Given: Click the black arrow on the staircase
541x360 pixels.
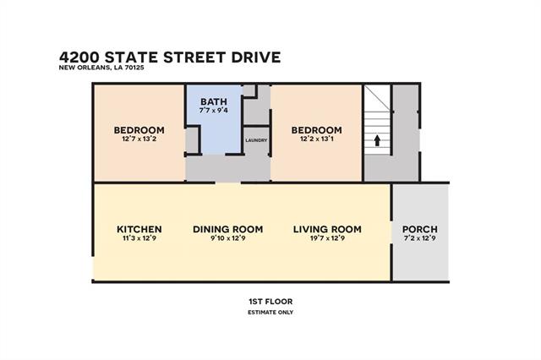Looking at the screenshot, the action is pyautogui.click(x=377, y=140).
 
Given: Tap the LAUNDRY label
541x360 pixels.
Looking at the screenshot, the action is pyautogui.click(x=256, y=140).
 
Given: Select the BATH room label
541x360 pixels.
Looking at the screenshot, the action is pyautogui.click(x=214, y=101).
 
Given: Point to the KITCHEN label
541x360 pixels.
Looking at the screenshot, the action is pyautogui.click(x=139, y=229).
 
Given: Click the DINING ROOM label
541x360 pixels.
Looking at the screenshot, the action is pyautogui.click(x=228, y=229).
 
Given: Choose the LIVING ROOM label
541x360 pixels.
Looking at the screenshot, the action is pyautogui.click(x=327, y=229).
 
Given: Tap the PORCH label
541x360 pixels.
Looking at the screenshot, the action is pyautogui.click(x=420, y=229).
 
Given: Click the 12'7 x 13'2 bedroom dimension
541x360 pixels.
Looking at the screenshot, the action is pyautogui.click(x=139, y=139).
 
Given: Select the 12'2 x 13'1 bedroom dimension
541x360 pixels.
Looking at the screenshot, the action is pyautogui.click(x=317, y=139).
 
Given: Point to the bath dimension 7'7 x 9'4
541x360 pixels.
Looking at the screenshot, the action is pyautogui.click(x=214, y=111).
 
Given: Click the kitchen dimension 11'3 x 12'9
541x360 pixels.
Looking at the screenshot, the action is pyautogui.click(x=139, y=238).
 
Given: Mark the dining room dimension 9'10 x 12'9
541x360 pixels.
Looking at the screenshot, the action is pyautogui.click(x=228, y=238).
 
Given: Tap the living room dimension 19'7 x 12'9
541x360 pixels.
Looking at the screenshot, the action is pyautogui.click(x=327, y=238).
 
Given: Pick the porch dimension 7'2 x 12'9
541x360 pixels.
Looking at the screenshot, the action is pyautogui.click(x=420, y=238).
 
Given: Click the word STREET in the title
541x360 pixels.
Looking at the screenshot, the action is pyautogui.click(x=194, y=57).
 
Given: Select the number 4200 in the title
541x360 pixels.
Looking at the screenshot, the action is pyautogui.click(x=79, y=57).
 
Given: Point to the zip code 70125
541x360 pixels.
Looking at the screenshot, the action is pyautogui.click(x=134, y=68).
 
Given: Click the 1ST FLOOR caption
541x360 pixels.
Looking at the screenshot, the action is pyautogui.click(x=270, y=302).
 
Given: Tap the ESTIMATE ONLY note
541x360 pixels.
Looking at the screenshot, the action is pyautogui.click(x=270, y=313).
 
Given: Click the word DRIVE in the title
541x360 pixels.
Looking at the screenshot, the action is pyautogui.click(x=256, y=57).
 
